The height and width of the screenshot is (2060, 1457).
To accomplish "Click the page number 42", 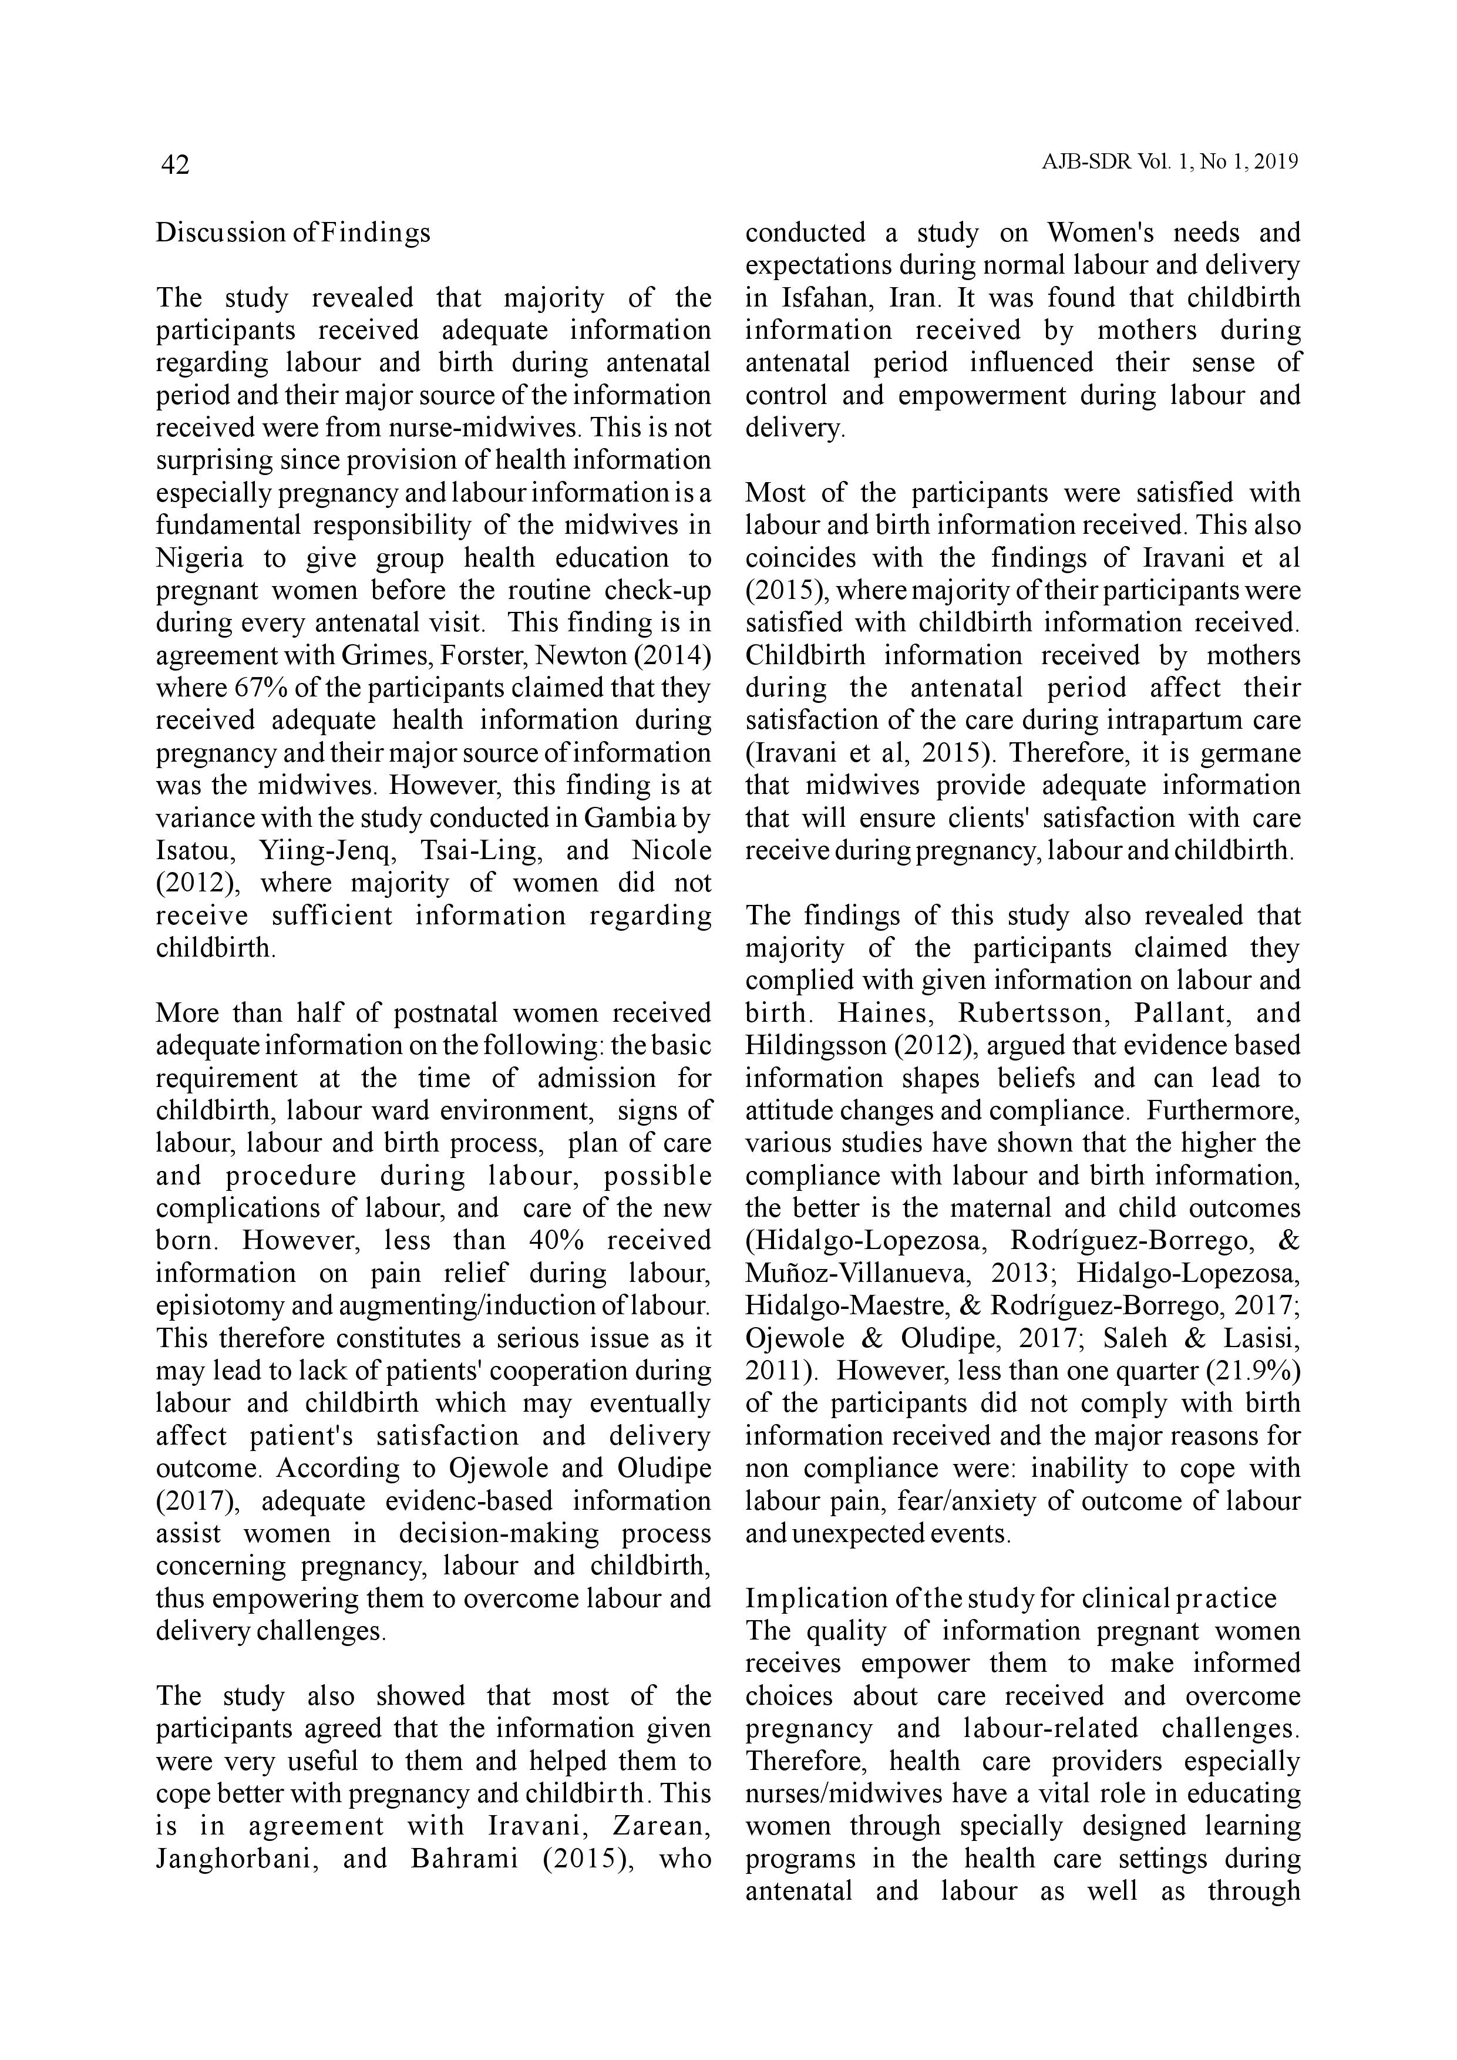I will click(175, 165).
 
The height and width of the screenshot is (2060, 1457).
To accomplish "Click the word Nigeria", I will click(199, 558).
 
